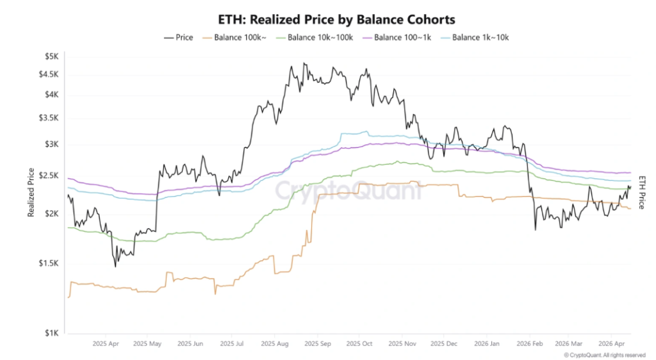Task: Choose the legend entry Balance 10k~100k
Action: [x=315, y=38]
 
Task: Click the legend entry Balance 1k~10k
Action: [x=475, y=38]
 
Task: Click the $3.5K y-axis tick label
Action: [x=50, y=118]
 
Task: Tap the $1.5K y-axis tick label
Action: [x=50, y=263]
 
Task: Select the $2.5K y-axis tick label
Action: [x=50, y=176]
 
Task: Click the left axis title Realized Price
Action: [x=31, y=192]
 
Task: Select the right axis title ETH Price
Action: [x=641, y=192]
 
